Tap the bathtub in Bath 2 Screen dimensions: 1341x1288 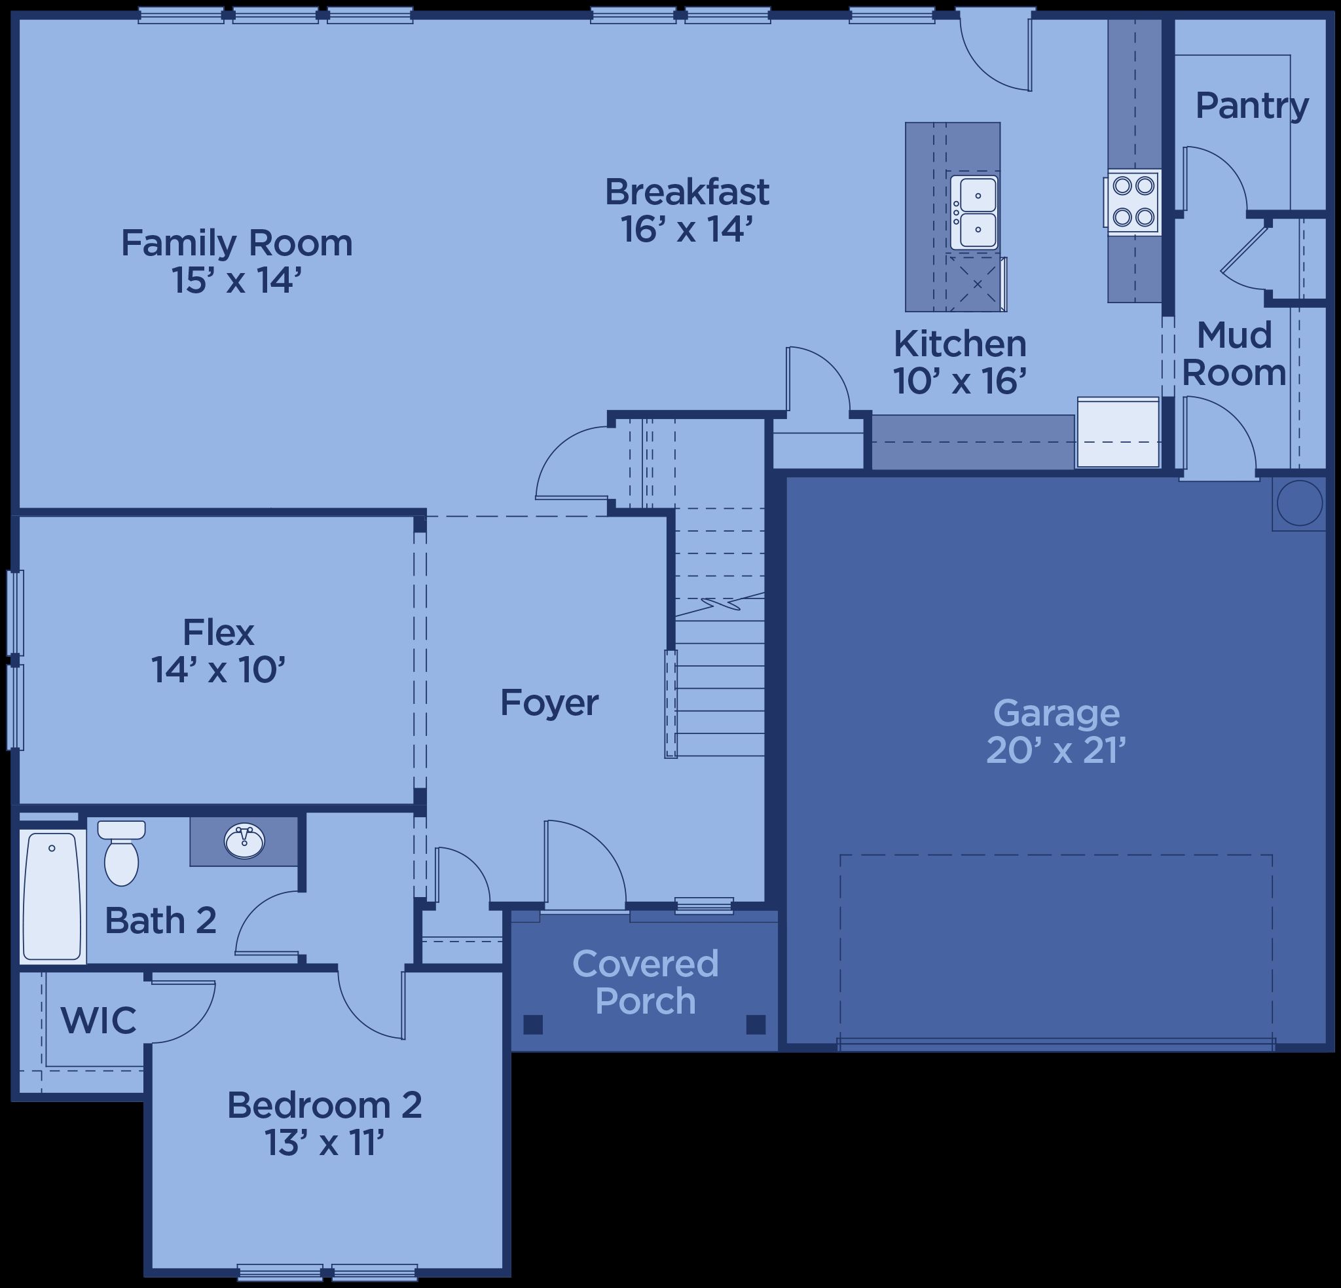point(52,896)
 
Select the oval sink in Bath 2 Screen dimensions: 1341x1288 point(244,841)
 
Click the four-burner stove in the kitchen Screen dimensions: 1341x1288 point(1132,202)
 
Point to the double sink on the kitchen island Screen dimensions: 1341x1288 point(974,212)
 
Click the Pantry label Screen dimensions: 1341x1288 point(1251,106)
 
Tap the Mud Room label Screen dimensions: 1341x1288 point(1234,354)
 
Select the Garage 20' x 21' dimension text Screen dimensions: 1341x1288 point(1056,751)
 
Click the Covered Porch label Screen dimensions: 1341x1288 point(645,982)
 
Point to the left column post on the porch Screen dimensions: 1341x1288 point(533,1025)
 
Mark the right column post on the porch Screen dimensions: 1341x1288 point(756,1025)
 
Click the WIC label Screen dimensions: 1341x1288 point(98,1020)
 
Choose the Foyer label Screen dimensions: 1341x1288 point(549,703)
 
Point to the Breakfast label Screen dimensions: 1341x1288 point(687,192)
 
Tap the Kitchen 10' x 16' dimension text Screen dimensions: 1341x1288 point(960,381)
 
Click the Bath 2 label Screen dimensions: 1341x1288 point(160,921)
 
